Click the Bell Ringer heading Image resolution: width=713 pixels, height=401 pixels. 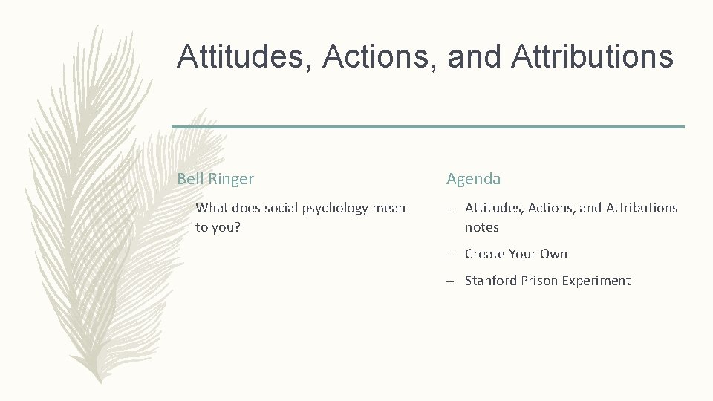click(x=215, y=179)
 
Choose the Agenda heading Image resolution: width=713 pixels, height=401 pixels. click(x=473, y=179)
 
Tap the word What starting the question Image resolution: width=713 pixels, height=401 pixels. click(x=212, y=208)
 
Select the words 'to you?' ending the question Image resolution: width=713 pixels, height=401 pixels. click(x=218, y=227)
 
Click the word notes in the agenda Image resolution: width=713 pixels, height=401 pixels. click(x=482, y=227)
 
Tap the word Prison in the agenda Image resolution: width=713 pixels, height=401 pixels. click(x=538, y=281)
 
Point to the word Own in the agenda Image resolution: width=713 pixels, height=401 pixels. click(x=554, y=254)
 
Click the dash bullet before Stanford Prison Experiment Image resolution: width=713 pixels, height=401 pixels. click(x=451, y=281)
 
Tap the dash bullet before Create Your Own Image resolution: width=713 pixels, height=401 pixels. click(x=451, y=255)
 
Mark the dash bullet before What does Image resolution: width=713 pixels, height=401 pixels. click(x=181, y=209)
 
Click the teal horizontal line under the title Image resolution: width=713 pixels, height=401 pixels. click(x=428, y=127)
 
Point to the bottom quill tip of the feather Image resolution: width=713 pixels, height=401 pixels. click(x=96, y=380)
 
